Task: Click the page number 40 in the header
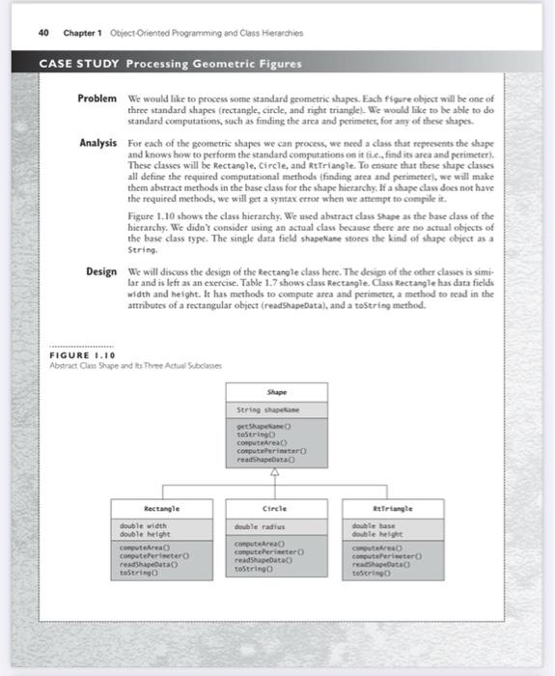43,33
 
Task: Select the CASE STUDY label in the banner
78,65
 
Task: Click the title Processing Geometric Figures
212,65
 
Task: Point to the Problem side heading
97,99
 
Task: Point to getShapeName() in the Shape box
267,427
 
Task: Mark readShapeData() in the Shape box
271,463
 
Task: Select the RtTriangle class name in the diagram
394,507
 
